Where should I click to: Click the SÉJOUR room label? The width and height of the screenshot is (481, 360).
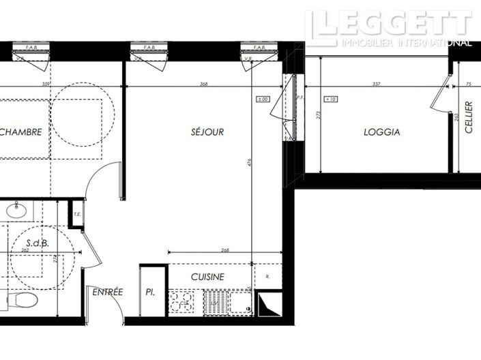[x=207, y=132]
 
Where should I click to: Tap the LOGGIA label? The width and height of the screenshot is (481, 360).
[x=381, y=132]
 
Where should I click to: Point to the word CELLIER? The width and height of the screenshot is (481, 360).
[x=469, y=117]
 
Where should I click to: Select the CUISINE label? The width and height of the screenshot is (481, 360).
[x=207, y=277]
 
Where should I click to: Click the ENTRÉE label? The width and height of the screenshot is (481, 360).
[x=108, y=292]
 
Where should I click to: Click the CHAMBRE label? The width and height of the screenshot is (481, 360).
[x=22, y=132]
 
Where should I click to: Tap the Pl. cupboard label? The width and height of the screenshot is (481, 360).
[x=150, y=292]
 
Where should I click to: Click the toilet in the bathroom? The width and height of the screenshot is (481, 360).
[x=26, y=300]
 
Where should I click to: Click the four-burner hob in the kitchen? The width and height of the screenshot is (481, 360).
[x=181, y=301]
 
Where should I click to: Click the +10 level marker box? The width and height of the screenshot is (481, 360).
[x=332, y=100]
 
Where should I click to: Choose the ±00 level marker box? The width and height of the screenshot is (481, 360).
[x=263, y=100]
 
